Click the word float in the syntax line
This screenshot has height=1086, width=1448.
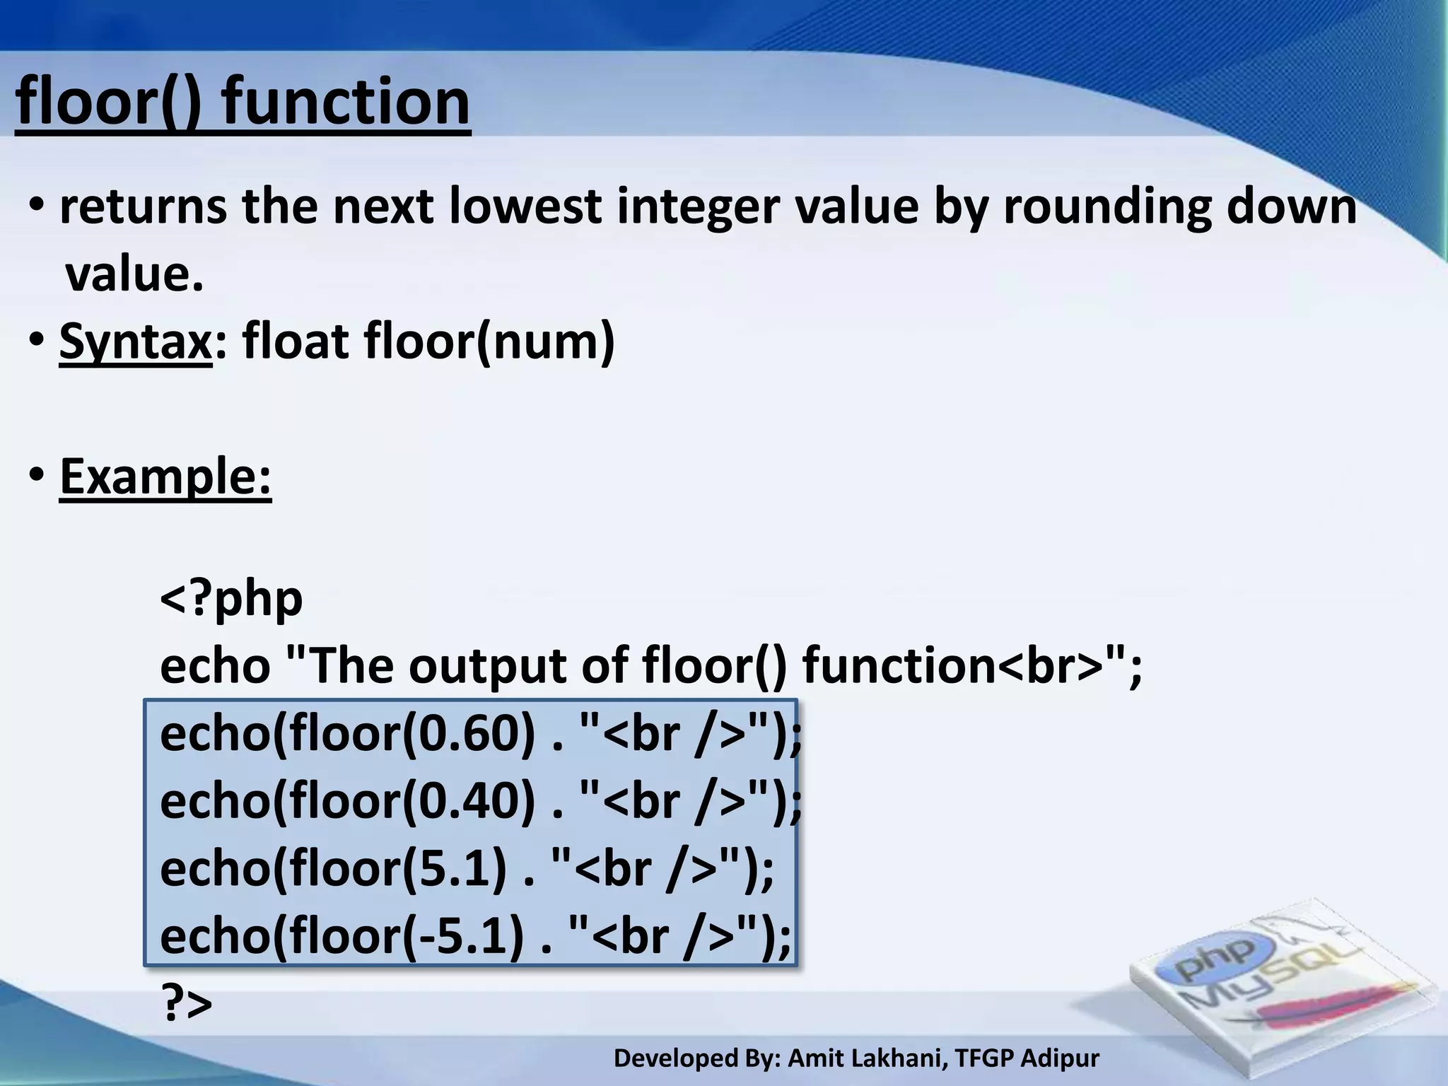tap(297, 342)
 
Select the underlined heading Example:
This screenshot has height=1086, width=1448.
tap(165, 477)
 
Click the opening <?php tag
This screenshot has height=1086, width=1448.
tap(231, 599)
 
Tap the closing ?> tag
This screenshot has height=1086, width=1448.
tap(187, 1002)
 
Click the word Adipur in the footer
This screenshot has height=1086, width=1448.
tap(1060, 1058)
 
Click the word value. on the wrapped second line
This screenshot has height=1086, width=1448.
tap(134, 274)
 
